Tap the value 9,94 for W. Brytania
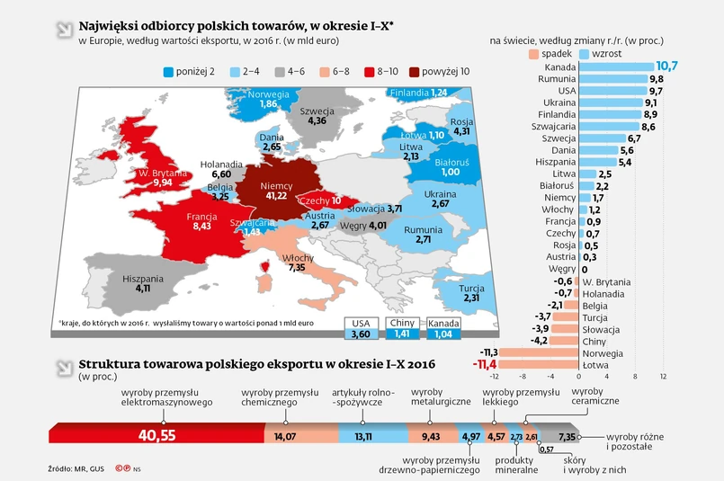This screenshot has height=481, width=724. (x=163, y=183)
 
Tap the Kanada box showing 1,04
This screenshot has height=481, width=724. (x=442, y=334)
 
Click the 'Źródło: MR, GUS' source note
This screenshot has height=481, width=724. (x=76, y=469)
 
